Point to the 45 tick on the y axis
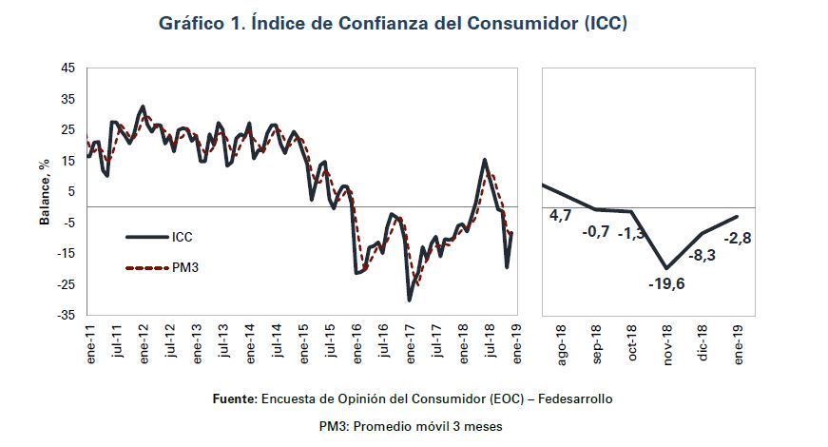[x=67, y=68]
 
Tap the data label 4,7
[x=561, y=217]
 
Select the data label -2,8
[x=738, y=239]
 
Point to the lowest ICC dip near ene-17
[x=410, y=301]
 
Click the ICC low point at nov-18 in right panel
[x=667, y=268]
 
